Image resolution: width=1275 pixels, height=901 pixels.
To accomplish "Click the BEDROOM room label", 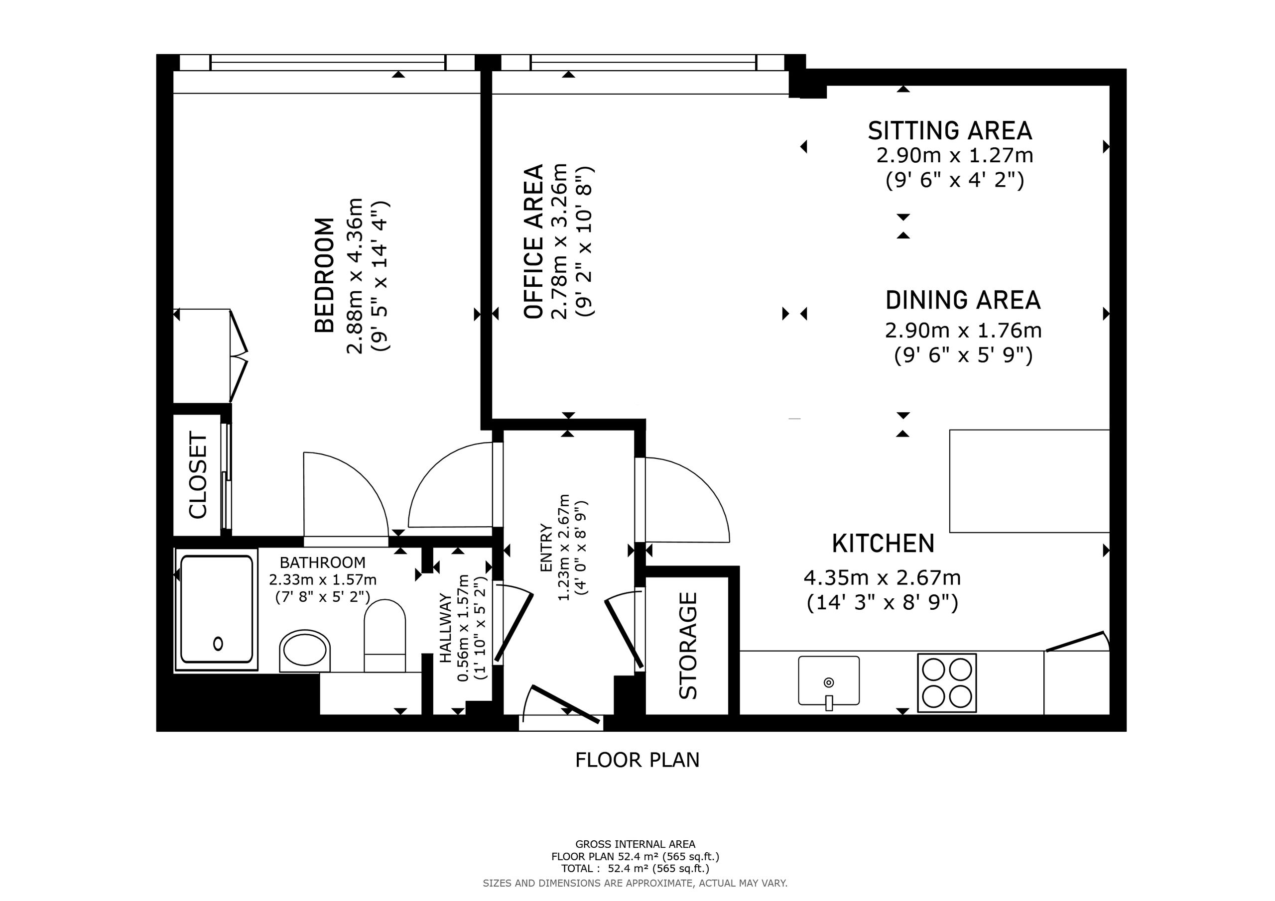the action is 325,275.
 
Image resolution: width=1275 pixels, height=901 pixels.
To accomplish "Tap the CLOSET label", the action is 198,475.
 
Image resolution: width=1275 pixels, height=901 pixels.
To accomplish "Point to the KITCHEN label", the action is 883,544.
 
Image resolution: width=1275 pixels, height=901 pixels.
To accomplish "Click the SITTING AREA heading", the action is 950,130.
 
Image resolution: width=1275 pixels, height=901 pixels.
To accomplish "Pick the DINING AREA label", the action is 963,300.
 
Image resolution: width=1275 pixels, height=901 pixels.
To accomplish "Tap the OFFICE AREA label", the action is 533,241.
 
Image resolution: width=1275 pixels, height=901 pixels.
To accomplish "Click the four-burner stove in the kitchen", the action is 947,683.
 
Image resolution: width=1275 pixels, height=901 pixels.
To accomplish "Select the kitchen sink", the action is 829,681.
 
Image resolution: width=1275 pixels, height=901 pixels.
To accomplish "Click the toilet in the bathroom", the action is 384,636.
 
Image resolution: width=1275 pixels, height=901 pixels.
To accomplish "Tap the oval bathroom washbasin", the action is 305,650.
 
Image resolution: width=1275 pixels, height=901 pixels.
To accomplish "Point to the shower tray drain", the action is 218,644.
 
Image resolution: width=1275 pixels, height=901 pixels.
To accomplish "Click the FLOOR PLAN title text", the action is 637,760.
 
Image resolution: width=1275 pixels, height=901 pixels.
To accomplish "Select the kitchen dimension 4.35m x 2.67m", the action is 883,578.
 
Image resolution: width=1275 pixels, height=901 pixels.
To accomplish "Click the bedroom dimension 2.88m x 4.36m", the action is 355,275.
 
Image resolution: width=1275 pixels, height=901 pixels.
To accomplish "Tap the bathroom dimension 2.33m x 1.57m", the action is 323,580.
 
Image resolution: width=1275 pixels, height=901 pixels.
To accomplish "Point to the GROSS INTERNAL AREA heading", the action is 636,844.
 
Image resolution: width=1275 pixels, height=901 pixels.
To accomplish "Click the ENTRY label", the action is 546,548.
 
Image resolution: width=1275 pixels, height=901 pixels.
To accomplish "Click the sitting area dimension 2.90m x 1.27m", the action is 955,155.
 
